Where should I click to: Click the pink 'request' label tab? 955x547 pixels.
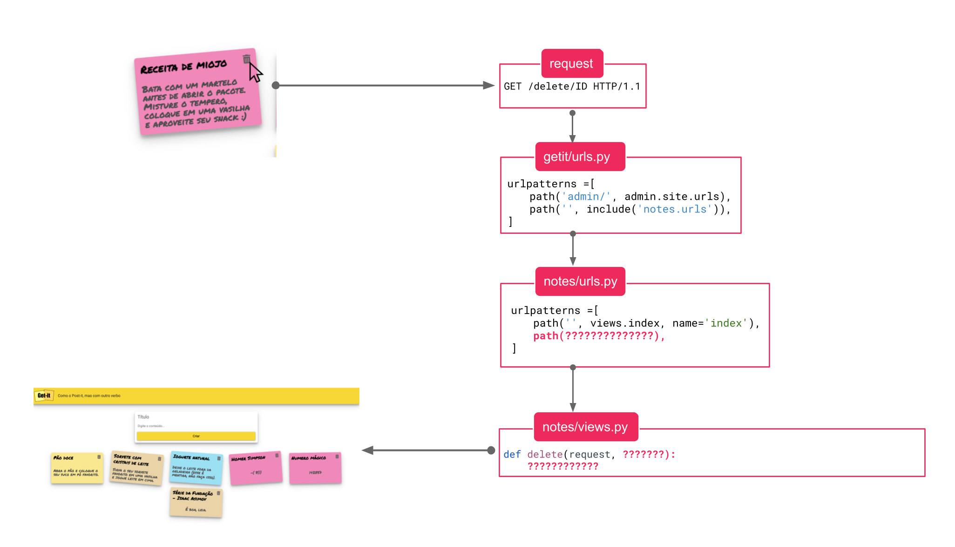(571, 63)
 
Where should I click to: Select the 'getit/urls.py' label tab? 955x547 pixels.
(576, 157)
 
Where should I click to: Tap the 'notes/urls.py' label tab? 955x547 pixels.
(580, 281)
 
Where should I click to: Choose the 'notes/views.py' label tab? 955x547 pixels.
(585, 427)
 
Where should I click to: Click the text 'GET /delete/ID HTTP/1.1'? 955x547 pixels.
(572, 87)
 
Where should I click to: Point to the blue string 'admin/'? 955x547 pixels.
(586, 197)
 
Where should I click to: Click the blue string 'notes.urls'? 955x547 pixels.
(675, 209)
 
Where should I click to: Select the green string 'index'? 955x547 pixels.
(726, 323)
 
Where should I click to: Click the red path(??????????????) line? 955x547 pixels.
(599, 336)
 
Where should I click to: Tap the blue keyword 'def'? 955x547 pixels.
(512, 454)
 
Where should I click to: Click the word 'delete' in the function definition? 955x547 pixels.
(545, 454)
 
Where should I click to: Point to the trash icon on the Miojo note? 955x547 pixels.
(246, 59)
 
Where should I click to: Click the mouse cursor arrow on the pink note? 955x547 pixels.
(255, 72)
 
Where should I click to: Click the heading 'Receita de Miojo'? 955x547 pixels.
(183, 67)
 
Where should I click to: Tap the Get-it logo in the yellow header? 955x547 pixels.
(44, 396)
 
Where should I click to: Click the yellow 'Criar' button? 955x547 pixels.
(196, 436)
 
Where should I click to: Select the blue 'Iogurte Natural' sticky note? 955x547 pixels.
(196, 468)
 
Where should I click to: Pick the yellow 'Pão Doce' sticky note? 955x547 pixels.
(77, 468)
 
